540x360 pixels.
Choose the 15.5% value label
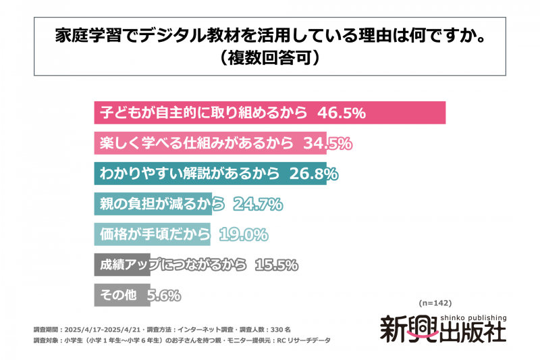(x=277, y=265)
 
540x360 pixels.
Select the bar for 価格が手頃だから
(x=152, y=234)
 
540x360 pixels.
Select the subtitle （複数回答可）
(x=269, y=58)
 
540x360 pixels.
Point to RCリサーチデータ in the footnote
(x=303, y=340)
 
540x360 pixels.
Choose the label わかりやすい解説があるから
(x=190, y=174)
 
